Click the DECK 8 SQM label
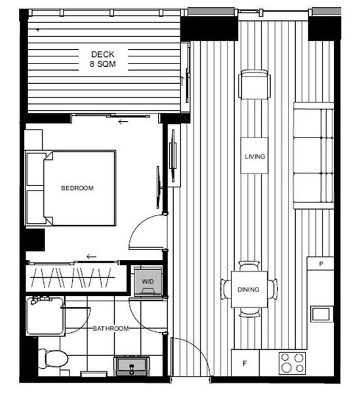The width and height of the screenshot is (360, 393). (x=104, y=59)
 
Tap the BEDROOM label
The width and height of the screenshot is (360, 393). (x=77, y=189)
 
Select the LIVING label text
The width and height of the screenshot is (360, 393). (x=254, y=157)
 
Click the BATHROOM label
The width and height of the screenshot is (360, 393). (x=110, y=328)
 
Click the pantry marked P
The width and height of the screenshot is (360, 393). (x=321, y=264)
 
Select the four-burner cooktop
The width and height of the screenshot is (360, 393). (x=292, y=363)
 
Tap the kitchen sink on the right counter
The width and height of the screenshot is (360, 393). (x=321, y=313)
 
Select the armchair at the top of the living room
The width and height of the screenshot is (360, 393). (x=255, y=84)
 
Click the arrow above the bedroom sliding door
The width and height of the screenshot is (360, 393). (x=123, y=122)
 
